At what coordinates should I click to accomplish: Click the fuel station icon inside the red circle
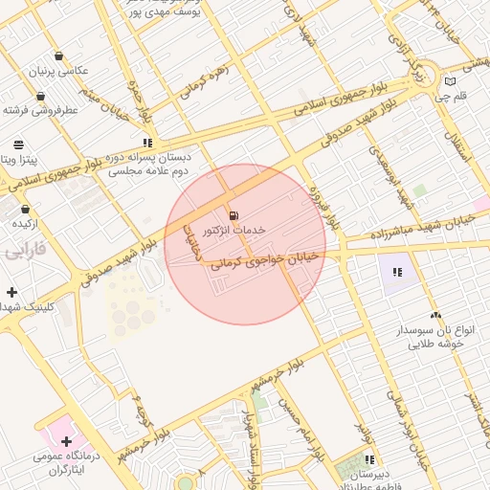(234, 214)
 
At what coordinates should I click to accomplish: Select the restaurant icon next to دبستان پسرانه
(147, 143)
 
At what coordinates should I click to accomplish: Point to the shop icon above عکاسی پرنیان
(60, 56)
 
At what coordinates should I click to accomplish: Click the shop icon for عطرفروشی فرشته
(40, 97)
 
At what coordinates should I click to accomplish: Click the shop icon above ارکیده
(25, 210)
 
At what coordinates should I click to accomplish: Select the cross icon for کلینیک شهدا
(11, 292)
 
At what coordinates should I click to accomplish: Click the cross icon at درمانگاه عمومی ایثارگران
(66, 441)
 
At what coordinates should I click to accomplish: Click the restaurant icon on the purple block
(397, 272)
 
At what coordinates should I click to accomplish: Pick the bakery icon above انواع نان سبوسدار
(435, 315)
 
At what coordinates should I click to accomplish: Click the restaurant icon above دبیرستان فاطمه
(369, 460)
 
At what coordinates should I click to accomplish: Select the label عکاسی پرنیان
(62, 72)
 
